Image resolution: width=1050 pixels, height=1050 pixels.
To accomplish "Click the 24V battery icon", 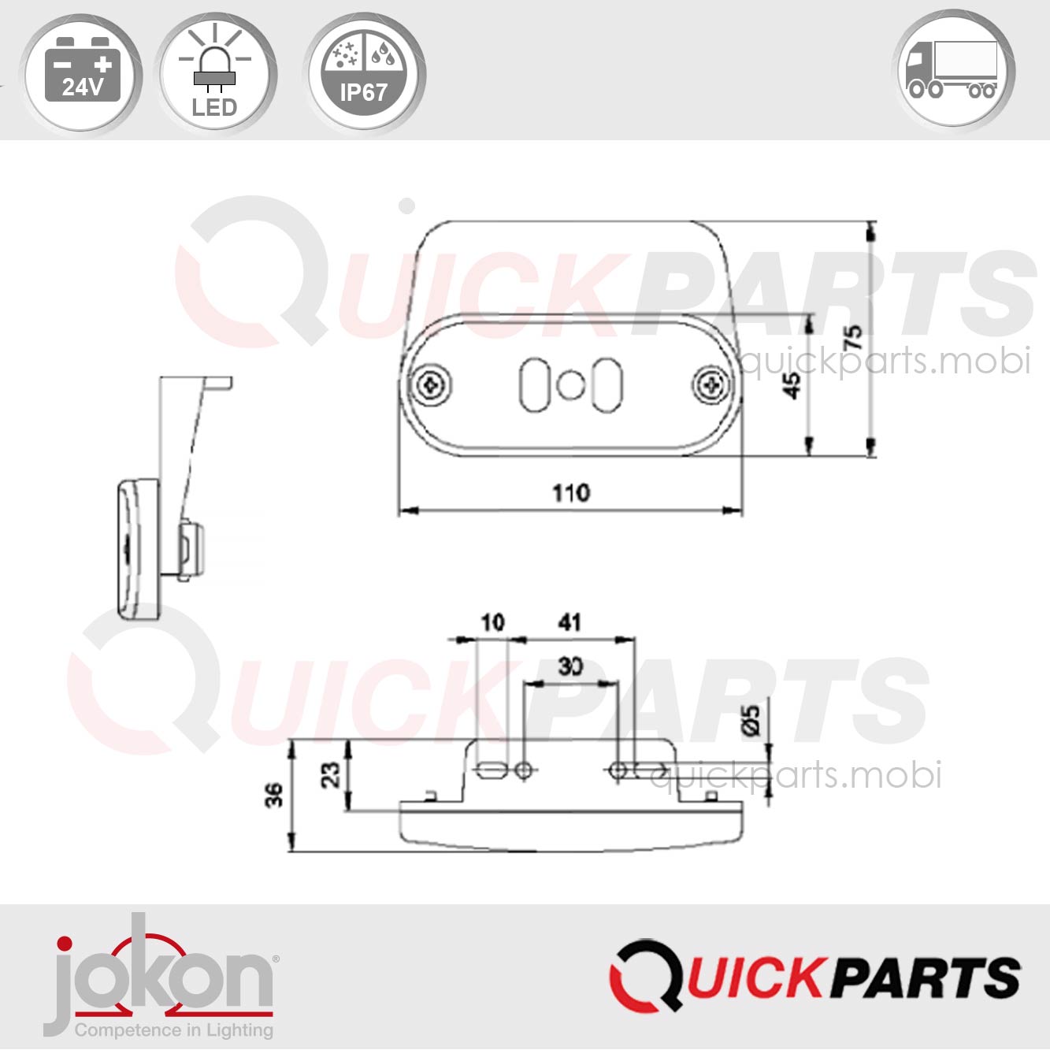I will click(x=81, y=73).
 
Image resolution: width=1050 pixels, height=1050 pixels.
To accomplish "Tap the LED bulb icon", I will click(x=214, y=73).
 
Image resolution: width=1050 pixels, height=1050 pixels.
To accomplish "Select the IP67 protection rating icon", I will click(x=363, y=73).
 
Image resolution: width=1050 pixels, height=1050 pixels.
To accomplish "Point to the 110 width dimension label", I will click(x=570, y=493).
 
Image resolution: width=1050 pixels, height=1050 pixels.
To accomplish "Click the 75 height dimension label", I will click(x=852, y=337).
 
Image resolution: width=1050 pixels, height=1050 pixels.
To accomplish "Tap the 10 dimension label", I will click(x=492, y=623).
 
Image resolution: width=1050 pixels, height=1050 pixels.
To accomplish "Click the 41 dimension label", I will click(x=570, y=623).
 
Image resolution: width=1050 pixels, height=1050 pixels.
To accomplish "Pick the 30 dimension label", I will click(x=570, y=666).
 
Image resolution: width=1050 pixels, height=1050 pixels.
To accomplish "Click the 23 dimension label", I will click(x=332, y=774).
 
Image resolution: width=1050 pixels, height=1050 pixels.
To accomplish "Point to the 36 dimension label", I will click(x=273, y=796).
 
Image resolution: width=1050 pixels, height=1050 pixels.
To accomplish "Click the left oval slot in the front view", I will click(x=535, y=385).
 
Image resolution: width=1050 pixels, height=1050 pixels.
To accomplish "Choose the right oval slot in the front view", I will click(x=607, y=385).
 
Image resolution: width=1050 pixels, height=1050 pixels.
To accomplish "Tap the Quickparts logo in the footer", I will click(x=814, y=978).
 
